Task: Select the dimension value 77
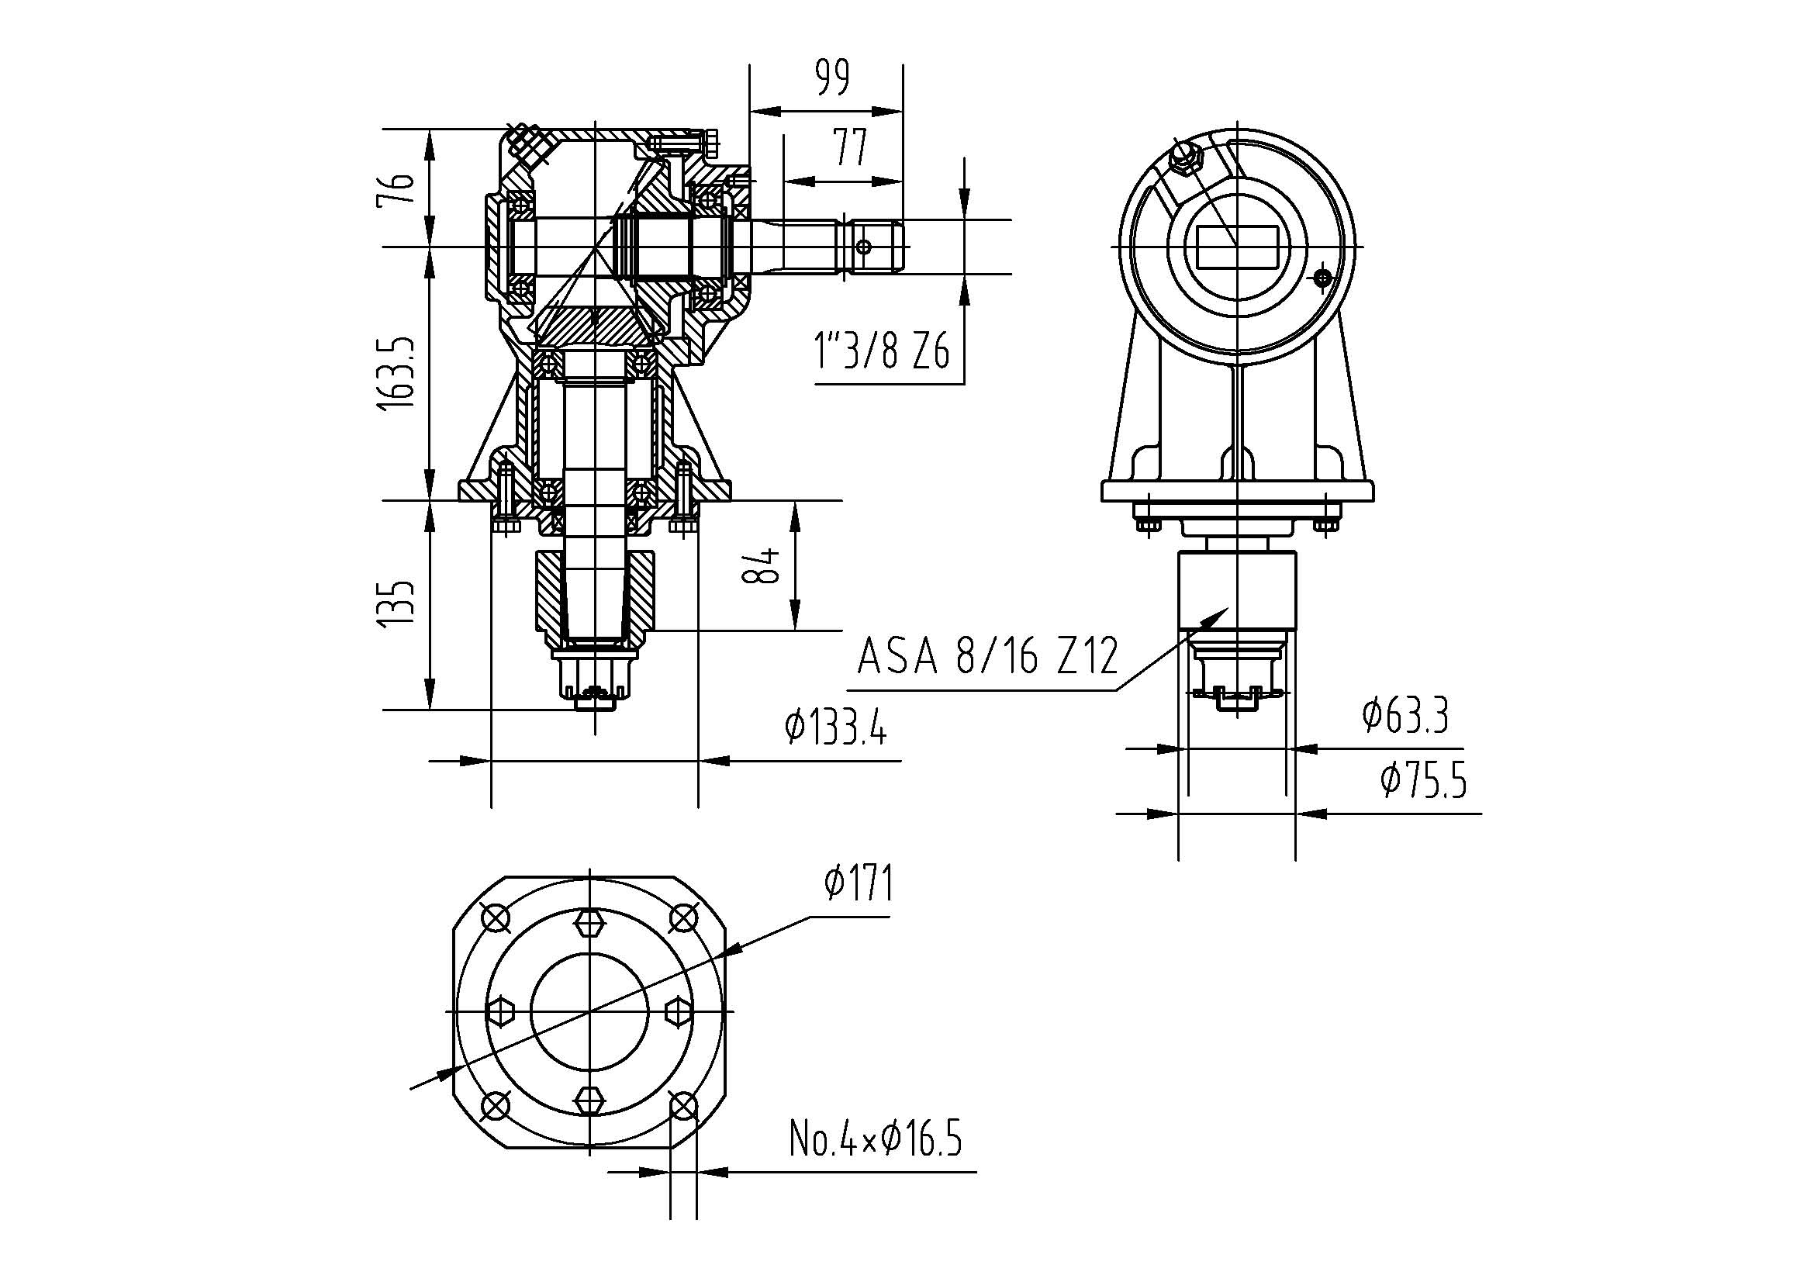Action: click(850, 147)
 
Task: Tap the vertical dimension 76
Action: click(396, 188)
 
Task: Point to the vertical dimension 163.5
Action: click(396, 372)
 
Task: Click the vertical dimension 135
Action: click(396, 605)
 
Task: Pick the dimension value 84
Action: click(762, 565)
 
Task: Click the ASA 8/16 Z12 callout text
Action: click(988, 655)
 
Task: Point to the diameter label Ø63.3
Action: click(1405, 716)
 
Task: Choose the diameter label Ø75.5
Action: click(1424, 780)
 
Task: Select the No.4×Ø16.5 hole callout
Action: click(876, 1139)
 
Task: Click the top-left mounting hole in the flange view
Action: click(496, 917)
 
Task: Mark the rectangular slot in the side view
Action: click(1236, 247)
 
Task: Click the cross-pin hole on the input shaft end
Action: click(863, 247)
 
